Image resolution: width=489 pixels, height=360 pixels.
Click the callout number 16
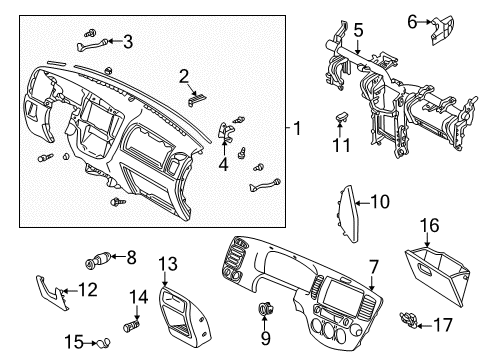tap(429, 225)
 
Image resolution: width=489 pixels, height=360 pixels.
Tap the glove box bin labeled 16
tap(438, 275)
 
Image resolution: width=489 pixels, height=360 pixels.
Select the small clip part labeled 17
tap(408, 318)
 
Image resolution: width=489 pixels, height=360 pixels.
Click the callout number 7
tap(374, 267)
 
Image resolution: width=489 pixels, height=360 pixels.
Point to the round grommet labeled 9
tap(266, 308)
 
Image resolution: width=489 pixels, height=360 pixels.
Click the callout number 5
tap(358, 30)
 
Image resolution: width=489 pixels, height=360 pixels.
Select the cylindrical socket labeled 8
tap(98, 260)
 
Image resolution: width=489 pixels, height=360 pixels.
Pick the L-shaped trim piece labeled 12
tap(52, 291)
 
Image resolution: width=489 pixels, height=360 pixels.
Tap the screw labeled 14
tap(132, 325)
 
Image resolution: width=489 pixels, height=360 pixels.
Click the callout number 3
tap(128, 42)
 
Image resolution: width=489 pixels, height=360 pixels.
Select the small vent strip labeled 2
tap(197, 100)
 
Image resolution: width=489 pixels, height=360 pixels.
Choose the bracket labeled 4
tap(226, 131)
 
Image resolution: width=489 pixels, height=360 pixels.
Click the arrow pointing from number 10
tap(362, 202)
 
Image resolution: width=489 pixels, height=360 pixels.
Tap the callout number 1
tap(297, 128)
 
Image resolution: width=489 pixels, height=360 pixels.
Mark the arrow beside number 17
tap(424, 326)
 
